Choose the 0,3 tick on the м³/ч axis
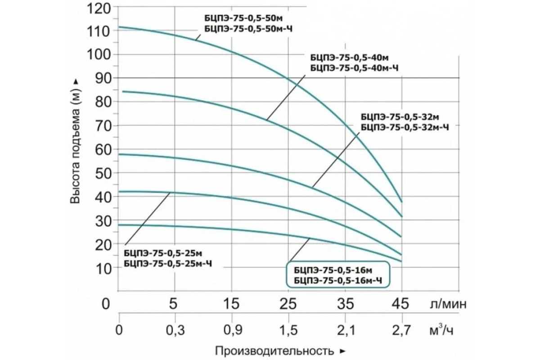tap(175, 332)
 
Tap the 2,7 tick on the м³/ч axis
tap(401, 332)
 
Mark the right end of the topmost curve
tap(401, 201)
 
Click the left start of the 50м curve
tap(119, 27)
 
